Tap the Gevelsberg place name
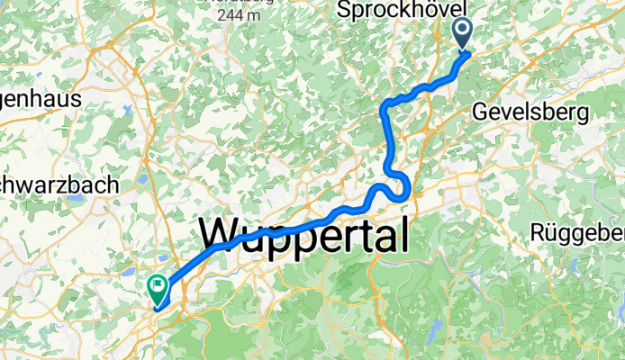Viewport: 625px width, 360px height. (530, 112)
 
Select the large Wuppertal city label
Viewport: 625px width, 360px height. (304, 236)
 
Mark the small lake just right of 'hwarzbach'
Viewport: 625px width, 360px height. (143, 180)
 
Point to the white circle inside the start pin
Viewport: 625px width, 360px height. (462, 31)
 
